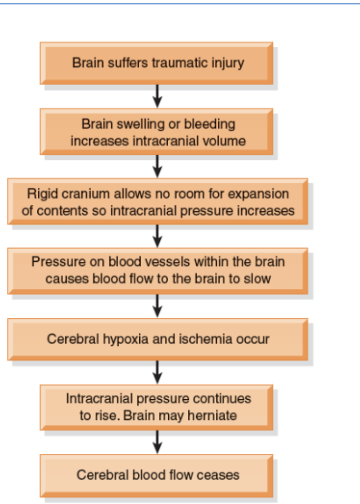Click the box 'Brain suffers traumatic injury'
point(156,63)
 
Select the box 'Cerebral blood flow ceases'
point(156,475)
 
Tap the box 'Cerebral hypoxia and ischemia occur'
point(157,339)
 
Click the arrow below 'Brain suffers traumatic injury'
point(157,95)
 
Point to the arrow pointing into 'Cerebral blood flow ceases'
point(157,441)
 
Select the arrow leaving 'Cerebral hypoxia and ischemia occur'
point(157,372)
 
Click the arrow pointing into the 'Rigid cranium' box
point(157,166)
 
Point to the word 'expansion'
point(262,193)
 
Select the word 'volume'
point(226,141)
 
